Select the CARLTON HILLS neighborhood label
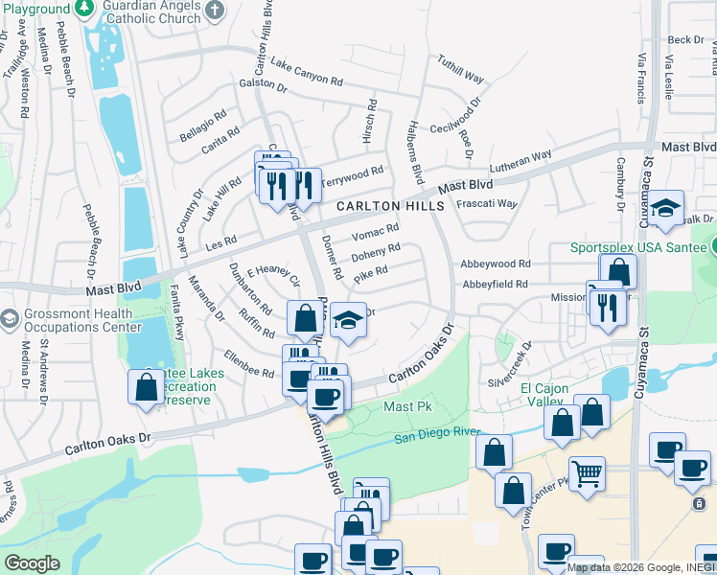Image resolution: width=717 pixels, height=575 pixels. [389, 206]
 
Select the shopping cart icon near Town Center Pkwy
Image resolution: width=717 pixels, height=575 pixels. [587, 472]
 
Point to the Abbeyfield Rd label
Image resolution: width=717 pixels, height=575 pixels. [495, 284]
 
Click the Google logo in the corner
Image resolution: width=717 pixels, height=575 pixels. [32, 563]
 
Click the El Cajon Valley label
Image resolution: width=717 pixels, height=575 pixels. [544, 394]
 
